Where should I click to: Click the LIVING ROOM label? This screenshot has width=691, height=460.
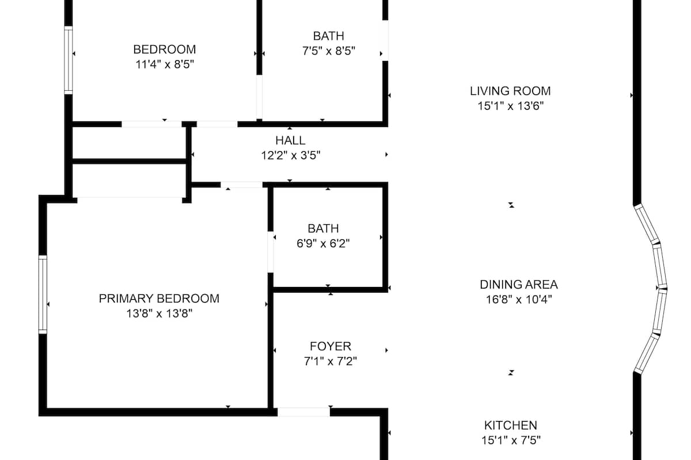tap(510, 91)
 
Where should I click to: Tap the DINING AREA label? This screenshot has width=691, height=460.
tap(519, 285)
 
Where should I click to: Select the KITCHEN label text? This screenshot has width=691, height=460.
tap(511, 425)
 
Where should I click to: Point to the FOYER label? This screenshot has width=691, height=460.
tap(331, 346)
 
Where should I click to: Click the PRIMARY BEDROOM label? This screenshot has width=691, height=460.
tap(159, 298)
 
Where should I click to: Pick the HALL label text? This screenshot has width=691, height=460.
tap(290, 140)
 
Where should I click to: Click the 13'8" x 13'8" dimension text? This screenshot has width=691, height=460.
tap(159, 313)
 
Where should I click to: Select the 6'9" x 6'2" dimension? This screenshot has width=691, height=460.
tap(323, 244)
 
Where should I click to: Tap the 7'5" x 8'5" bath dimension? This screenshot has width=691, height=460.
tap(329, 51)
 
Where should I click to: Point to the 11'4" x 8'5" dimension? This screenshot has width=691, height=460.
tap(165, 64)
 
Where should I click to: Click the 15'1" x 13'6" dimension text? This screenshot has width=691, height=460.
tap(510, 106)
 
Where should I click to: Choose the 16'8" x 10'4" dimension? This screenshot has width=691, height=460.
tap(519, 300)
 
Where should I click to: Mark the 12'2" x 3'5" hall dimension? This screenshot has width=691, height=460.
tap(291, 155)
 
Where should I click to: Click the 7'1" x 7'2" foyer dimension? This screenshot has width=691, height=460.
tap(331, 361)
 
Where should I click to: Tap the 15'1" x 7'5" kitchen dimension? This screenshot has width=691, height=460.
tap(511, 440)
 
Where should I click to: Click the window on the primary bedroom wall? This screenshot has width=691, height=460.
tap(43, 294)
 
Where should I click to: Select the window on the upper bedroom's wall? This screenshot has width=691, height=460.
tap(69, 60)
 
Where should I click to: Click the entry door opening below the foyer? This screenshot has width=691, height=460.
tap(304, 412)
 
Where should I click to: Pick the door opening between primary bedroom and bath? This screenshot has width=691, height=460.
tap(271, 252)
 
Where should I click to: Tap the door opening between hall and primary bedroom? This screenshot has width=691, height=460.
tap(241, 185)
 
